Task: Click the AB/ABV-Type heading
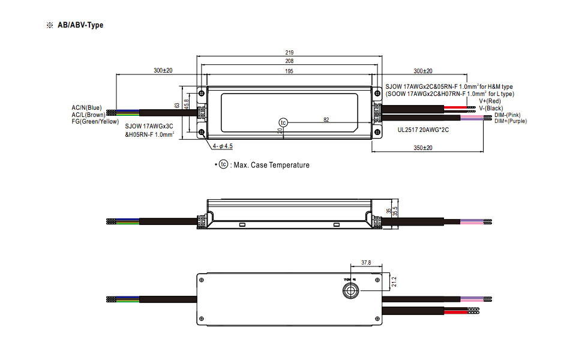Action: (x=80, y=25)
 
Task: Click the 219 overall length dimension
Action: (x=290, y=53)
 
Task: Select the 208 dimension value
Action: (x=290, y=62)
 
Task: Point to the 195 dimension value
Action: (x=290, y=71)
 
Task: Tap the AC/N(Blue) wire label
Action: (x=87, y=108)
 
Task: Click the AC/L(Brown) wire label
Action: (x=88, y=115)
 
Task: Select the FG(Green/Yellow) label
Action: (x=95, y=121)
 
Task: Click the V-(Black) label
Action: (x=490, y=108)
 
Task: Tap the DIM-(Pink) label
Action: (x=508, y=115)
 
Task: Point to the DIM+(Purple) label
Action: (x=510, y=121)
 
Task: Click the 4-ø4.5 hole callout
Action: (x=223, y=146)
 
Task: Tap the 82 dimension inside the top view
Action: (x=326, y=119)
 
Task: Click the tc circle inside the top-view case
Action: (x=284, y=122)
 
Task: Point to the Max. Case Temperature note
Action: (x=271, y=165)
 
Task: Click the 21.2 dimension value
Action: (x=394, y=281)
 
